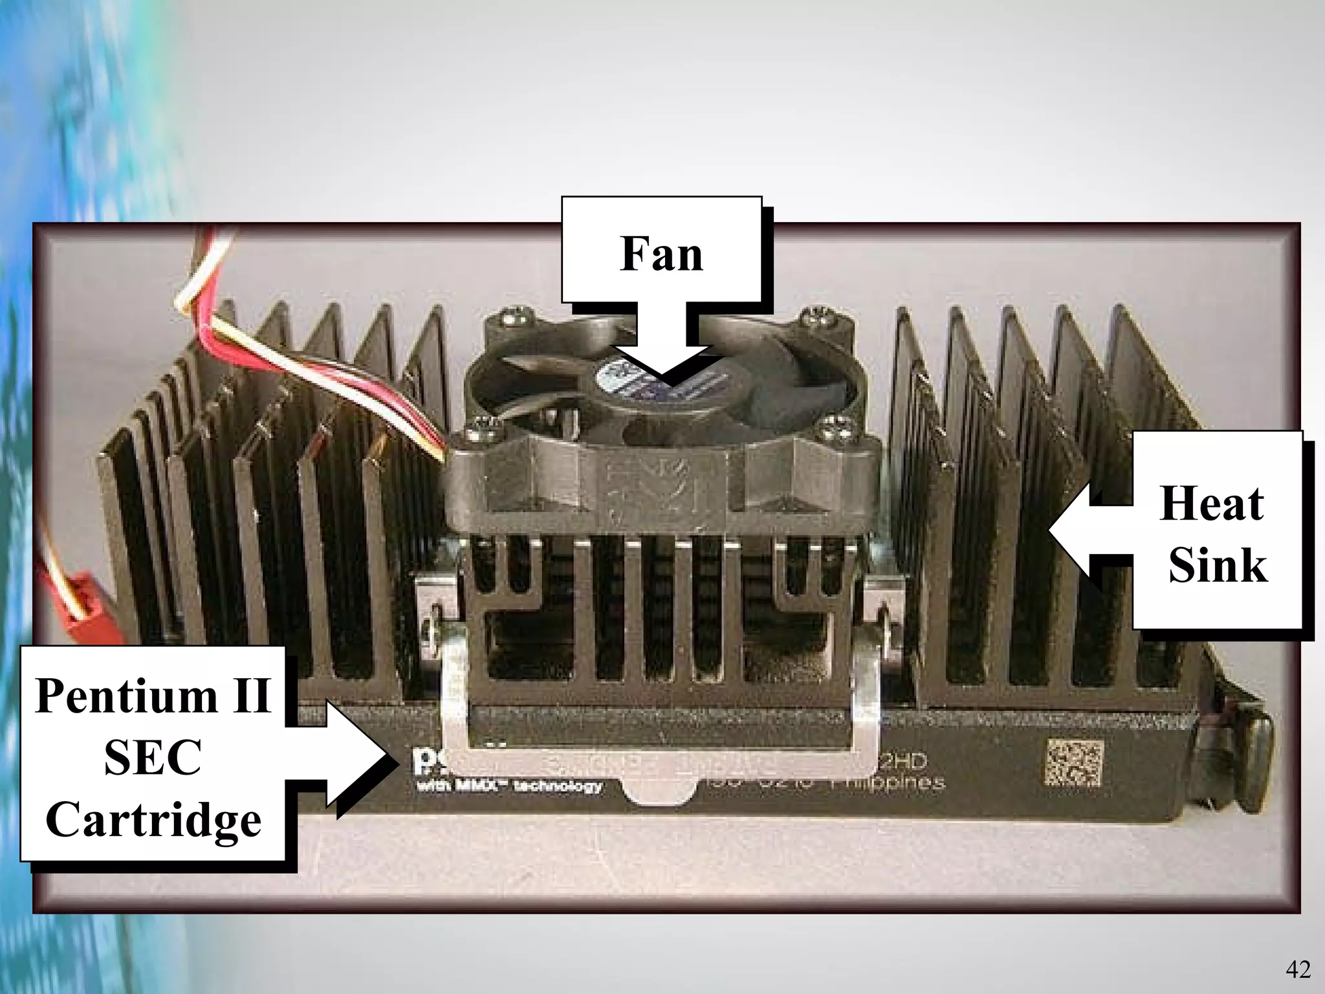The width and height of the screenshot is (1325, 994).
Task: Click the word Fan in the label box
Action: point(661,254)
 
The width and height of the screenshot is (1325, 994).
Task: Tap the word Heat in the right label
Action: point(1211,503)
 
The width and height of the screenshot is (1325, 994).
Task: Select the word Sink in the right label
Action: point(1218,565)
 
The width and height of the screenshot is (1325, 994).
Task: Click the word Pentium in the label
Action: point(127,696)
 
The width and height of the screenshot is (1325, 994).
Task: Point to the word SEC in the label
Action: point(153,758)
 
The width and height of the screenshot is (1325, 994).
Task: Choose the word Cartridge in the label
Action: point(153,820)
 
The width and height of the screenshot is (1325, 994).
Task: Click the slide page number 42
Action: point(1298,969)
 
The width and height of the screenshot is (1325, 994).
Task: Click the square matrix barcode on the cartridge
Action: point(1073,763)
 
